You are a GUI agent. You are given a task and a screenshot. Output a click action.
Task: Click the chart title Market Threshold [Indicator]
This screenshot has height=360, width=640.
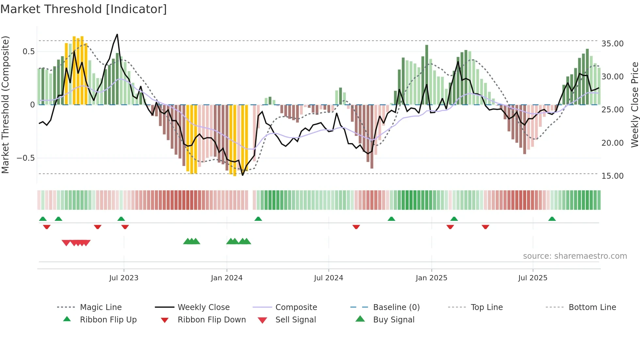pos(84,9)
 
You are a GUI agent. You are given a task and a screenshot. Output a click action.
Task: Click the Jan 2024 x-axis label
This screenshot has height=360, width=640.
pos(227,278)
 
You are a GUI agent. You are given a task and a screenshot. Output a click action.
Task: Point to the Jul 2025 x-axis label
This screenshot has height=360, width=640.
pos(533,278)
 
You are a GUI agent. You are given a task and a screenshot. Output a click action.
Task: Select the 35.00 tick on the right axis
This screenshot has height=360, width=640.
pos(612,44)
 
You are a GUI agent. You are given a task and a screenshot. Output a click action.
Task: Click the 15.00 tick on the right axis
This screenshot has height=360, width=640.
pos(612,176)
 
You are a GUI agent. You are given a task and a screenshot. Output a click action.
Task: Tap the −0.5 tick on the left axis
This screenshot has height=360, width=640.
pos(25,158)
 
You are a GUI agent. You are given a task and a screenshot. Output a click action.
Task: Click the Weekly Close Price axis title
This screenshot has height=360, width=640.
pos(634,105)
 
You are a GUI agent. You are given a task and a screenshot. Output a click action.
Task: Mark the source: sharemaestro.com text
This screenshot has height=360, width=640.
pos(575,256)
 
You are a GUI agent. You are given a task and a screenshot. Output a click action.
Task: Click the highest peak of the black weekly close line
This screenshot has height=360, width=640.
pos(117,34)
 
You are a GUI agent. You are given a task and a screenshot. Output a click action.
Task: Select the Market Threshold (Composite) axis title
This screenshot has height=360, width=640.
pos(5,105)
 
